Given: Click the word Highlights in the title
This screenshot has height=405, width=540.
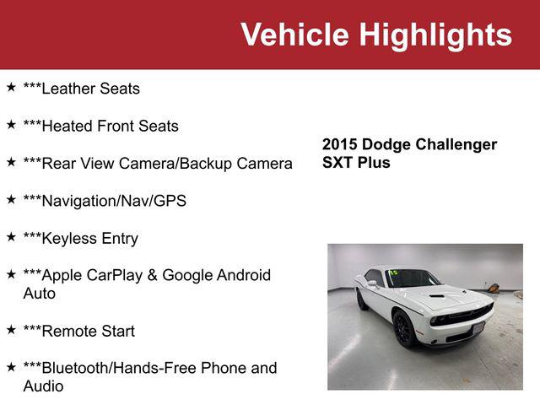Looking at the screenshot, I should coord(435,35).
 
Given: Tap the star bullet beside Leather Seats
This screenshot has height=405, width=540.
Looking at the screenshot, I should coord(11,87).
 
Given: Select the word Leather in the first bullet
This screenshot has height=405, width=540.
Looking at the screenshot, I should coord(67,89).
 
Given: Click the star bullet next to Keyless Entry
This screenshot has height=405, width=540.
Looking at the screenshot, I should coord(11,237).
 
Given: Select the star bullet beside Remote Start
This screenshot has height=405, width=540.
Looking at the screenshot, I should coord(11,330).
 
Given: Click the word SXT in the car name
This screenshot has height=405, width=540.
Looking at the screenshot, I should coord(337,163).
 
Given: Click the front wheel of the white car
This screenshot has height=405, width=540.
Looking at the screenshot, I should coord(404,329).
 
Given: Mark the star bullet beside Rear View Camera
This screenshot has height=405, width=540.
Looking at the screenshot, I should coord(11,162).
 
